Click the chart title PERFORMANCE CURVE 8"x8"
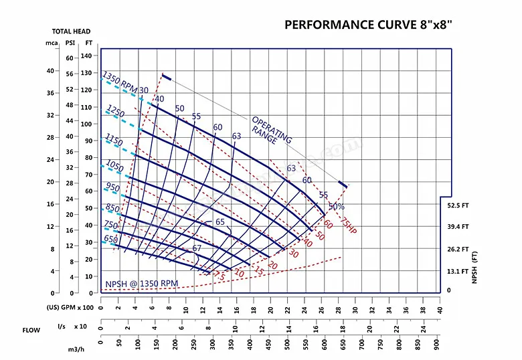click(369, 25)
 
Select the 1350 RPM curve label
click(119, 82)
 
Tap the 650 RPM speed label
click(110, 239)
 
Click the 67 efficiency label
click(197, 248)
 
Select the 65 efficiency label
click(220, 222)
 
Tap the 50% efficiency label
click(337, 207)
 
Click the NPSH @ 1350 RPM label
click(141, 284)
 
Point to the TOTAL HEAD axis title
click(72, 31)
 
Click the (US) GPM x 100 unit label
click(69, 308)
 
